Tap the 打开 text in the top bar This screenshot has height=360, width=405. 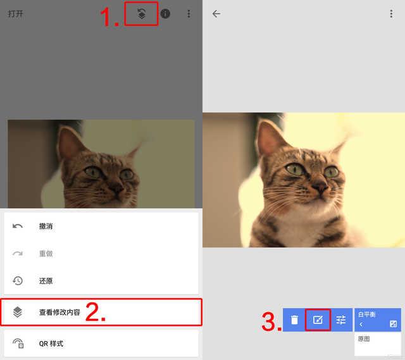(x=15, y=13)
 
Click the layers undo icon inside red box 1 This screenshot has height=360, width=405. (x=141, y=14)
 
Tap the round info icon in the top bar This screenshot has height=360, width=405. (x=165, y=14)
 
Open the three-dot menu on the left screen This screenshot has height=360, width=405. (x=189, y=14)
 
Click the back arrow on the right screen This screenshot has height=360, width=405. (x=216, y=14)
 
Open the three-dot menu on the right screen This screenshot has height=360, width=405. (x=391, y=14)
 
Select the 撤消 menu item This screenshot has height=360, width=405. (x=46, y=227)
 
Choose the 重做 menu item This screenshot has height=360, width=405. (x=46, y=254)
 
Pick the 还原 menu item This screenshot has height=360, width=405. (x=46, y=281)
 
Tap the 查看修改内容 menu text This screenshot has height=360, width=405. (x=59, y=312)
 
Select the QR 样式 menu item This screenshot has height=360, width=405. (x=51, y=344)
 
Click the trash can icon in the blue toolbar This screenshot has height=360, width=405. (x=294, y=320)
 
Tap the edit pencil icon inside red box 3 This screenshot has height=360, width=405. (x=318, y=320)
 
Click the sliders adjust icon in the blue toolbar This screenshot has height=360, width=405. (x=341, y=320)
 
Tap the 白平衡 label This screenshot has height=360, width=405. (x=367, y=314)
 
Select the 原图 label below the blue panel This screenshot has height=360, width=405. (x=364, y=338)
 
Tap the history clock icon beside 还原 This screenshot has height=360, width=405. (x=18, y=281)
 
